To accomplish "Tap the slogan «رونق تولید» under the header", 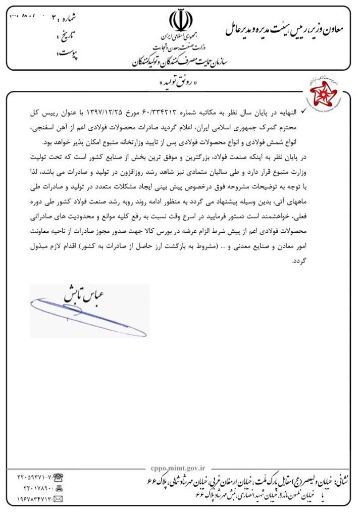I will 180,82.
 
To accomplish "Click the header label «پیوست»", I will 67,53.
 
